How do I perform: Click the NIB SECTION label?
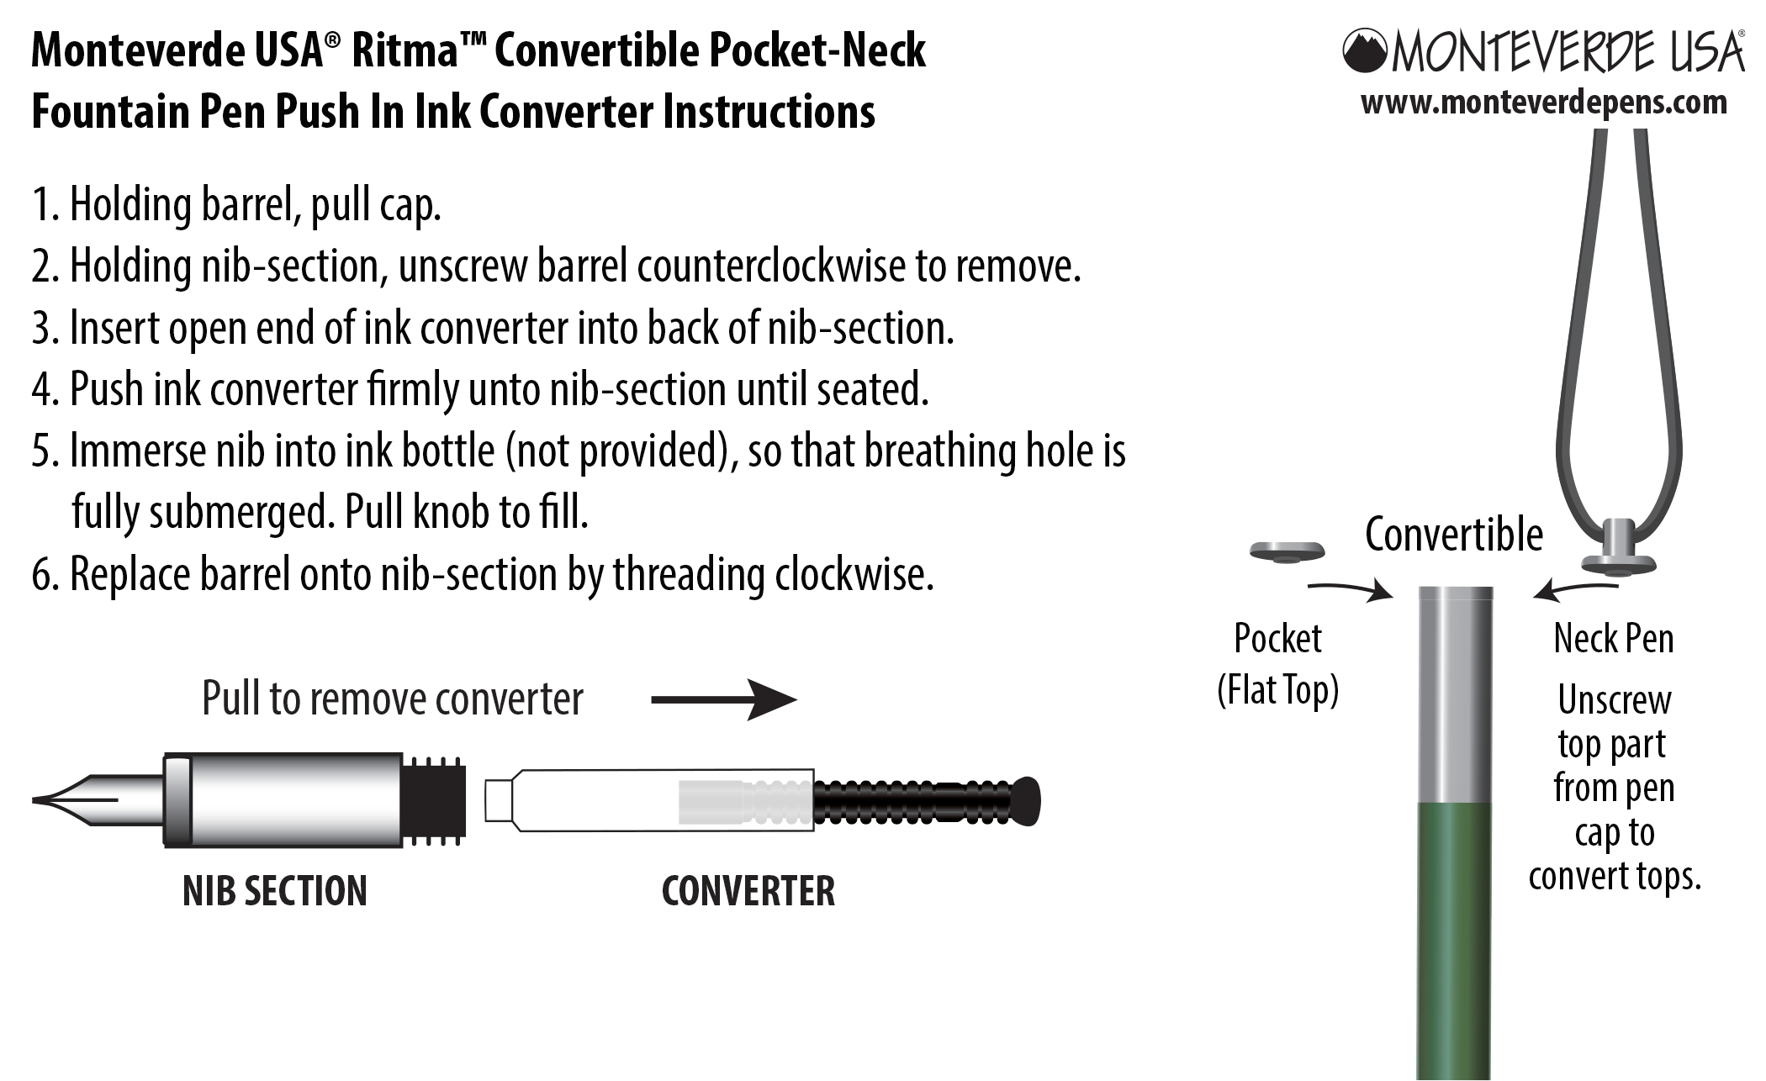(275, 891)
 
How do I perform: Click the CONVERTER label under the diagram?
(748, 891)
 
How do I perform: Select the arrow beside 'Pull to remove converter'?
(723, 699)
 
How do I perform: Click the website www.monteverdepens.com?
(1543, 103)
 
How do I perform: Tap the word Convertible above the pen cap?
(1453, 535)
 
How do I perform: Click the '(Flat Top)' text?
(1277, 691)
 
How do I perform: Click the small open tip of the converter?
(498, 799)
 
